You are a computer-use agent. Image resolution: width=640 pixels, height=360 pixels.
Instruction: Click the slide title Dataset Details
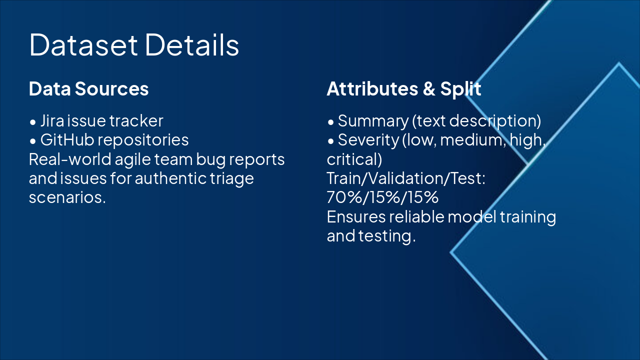click(x=134, y=45)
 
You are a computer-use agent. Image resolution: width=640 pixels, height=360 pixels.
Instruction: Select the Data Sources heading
click(x=88, y=89)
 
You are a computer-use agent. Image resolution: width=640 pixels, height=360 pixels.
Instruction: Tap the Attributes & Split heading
click(x=403, y=89)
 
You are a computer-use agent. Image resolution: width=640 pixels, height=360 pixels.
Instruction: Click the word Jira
click(x=51, y=121)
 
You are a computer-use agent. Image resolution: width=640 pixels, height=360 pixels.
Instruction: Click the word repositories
click(x=143, y=140)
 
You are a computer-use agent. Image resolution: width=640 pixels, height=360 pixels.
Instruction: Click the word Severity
click(x=368, y=140)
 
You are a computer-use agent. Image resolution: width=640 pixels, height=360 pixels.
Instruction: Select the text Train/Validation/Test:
click(x=406, y=178)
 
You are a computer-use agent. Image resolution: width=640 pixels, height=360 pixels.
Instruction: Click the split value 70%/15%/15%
click(x=382, y=197)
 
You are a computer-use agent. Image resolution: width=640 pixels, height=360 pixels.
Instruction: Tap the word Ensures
click(x=356, y=217)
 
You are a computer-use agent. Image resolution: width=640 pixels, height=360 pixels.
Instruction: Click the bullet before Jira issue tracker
click(x=32, y=122)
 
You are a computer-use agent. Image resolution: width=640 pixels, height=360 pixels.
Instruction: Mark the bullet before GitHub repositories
click(x=32, y=141)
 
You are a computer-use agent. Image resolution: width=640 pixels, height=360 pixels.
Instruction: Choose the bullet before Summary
click(x=330, y=122)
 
